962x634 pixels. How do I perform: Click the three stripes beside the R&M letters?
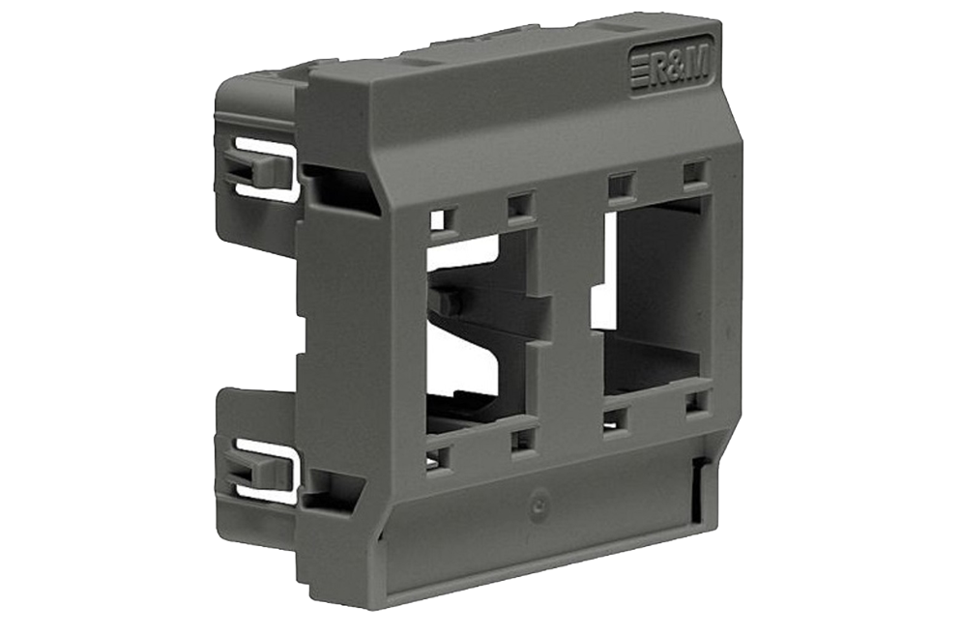pos(638,72)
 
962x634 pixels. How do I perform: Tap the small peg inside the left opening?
pos(447,303)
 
